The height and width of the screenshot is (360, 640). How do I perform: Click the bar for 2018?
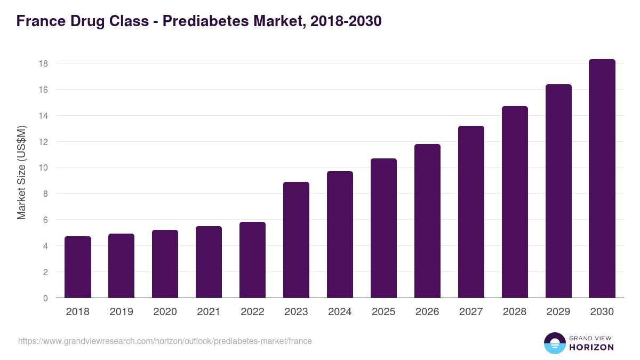tap(78, 267)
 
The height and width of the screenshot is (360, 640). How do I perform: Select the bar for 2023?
tap(296, 240)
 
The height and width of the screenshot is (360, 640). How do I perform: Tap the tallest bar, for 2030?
tap(602, 179)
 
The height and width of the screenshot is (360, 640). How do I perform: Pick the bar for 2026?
tap(427, 221)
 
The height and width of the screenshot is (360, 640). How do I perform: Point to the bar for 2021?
tap(209, 262)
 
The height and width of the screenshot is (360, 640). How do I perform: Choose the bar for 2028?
tap(515, 202)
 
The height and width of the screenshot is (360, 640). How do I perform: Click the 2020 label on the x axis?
tap(165, 312)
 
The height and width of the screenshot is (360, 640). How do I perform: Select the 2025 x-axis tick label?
tap(383, 312)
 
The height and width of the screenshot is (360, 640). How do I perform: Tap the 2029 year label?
tap(558, 312)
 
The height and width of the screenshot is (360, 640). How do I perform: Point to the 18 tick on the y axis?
tap(43, 63)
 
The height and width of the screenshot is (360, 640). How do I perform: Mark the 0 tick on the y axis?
tap(45, 298)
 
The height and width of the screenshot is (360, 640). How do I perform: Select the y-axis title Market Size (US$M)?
tap(21, 172)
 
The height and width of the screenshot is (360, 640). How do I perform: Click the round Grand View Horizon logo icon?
tap(555, 343)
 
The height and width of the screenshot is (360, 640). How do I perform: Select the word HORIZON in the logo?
tap(591, 347)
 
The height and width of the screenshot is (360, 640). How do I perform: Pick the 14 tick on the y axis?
tap(43, 116)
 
